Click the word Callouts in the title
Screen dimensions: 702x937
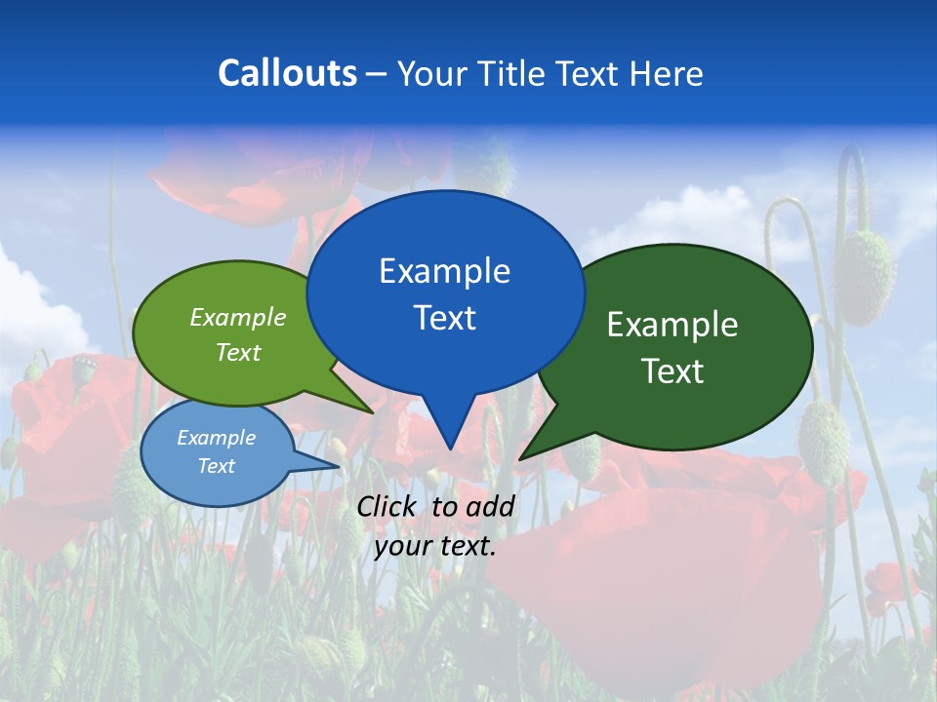tap(287, 73)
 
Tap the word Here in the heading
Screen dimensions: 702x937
tap(667, 73)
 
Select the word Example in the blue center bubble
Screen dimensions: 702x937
tap(444, 271)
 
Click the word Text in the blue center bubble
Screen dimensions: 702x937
tap(444, 318)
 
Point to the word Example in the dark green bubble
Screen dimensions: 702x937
tap(672, 325)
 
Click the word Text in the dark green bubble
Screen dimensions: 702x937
tap(672, 371)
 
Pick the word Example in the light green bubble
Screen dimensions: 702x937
tap(238, 317)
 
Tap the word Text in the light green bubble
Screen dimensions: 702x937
tap(238, 352)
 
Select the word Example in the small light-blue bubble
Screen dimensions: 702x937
tap(216, 438)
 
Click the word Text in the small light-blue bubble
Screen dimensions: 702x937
tap(216, 466)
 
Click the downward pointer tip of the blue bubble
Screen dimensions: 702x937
tap(449, 448)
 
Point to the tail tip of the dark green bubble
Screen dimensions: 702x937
tap(520, 458)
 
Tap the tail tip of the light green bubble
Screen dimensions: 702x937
tap(373, 412)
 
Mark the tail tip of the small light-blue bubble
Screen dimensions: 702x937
tap(338, 466)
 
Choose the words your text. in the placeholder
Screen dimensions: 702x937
tap(435, 546)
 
